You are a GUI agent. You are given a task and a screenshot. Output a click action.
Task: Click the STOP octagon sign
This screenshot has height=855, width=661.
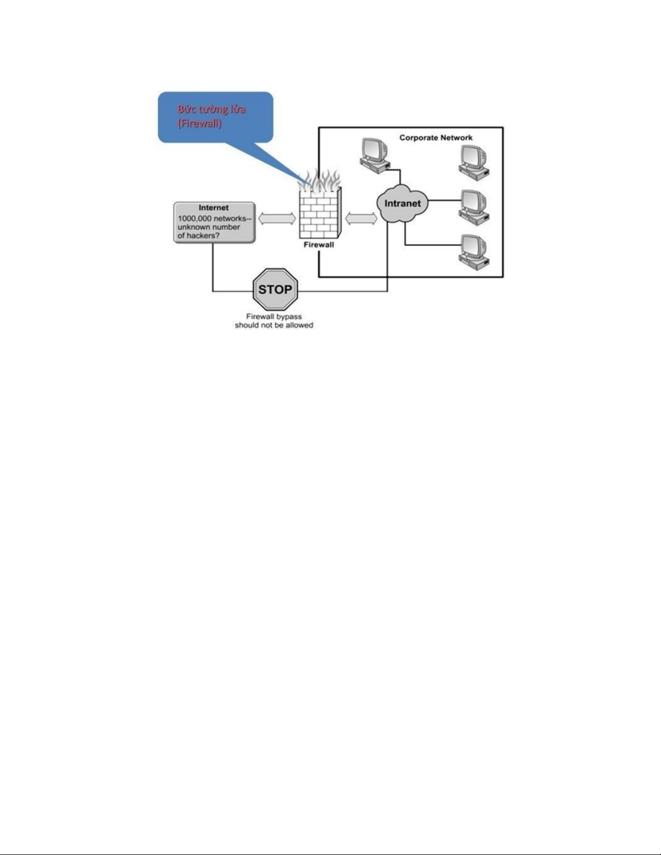click(x=275, y=290)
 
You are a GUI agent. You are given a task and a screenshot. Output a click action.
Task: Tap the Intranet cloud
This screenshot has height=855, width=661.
click(x=403, y=203)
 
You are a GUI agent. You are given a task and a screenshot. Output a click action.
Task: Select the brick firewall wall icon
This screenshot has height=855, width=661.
click(x=320, y=213)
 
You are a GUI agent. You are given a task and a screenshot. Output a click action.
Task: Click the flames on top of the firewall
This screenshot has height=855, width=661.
click(x=319, y=179)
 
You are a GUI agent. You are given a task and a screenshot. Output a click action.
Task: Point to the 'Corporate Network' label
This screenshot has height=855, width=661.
click(x=436, y=138)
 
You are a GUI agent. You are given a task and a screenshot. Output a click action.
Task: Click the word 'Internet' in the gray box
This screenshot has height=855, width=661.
click(x=213, y=208)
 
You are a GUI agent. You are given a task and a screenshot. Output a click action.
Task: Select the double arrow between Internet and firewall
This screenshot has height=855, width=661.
click(x=277, y=219)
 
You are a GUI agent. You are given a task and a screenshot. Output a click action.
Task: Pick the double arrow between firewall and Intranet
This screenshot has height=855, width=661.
click(x=361, y=219)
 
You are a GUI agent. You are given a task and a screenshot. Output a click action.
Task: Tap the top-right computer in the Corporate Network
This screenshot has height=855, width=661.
click(x=474, y=162)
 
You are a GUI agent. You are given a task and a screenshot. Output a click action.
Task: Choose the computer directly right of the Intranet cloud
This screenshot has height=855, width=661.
click(x=474, y=207)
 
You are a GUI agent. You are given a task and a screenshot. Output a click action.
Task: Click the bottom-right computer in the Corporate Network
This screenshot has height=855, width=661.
click(x=474, y=252)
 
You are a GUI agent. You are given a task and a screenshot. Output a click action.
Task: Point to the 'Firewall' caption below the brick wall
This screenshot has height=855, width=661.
click(x=319, y=245)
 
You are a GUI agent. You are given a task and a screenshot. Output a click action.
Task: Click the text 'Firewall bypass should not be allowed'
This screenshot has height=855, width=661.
click(x=274, y=320)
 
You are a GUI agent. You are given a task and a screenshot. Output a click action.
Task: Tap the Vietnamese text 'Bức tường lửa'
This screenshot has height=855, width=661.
click(x=212, y=109)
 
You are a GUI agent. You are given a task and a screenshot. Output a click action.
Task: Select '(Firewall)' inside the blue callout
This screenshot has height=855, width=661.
click(x=200, y=124)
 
